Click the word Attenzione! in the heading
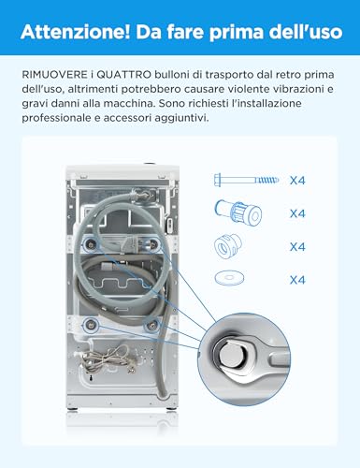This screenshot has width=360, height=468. pyautogui.click(x=75, y=32)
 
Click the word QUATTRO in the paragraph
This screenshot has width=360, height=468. pyautogui.click(x=124, y=75)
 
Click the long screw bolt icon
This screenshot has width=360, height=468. pyautogui.click(x=246, y=180)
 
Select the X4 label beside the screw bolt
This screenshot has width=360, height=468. pyautogui.click(x=297, y=181)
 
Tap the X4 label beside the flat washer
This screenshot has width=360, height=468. pyautogui.click(x=297, y=280)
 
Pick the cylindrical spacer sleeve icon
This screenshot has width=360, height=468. pyautogui.click(x=238, y=212)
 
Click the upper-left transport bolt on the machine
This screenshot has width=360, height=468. pyautogui.click(x=91, y=245)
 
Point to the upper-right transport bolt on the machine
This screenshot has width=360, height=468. pyautogui.click(x=153, y=244)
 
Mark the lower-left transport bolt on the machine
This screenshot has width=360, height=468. pyautogui.click(x=91, y=326)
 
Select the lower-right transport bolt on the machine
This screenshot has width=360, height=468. pyautogui.click(x=151, y=326)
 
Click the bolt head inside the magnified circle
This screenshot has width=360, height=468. pyautogui.click(x=232, y=356)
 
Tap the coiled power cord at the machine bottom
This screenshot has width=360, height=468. pyautogui.click(x=106, y=359)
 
